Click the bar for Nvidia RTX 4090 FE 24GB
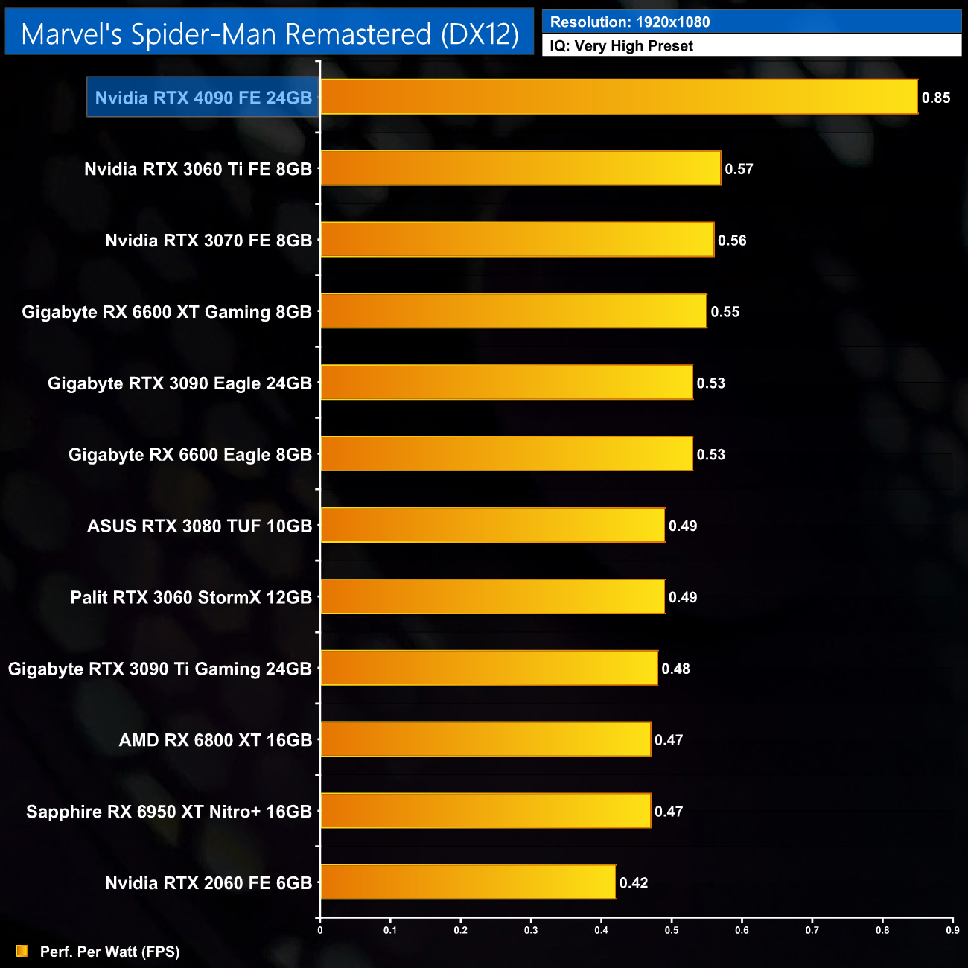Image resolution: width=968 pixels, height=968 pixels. coord(619,97)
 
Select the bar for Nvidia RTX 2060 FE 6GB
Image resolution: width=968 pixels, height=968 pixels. coord(468,882)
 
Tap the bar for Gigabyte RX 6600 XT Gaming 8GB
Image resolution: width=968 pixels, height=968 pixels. coord(514,311)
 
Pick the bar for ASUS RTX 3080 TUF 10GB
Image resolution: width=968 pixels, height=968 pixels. coord(492,526)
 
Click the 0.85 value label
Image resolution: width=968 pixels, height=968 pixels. coord(936,98)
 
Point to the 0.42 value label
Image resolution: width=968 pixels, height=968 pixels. coord(634,883)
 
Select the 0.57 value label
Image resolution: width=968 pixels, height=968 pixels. coord(739,169)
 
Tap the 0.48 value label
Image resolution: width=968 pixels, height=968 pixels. coord(676,669)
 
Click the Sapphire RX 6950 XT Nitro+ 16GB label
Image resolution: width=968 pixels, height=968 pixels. coord(169,812)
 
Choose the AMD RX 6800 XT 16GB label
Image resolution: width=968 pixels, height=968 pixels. coord(215,740)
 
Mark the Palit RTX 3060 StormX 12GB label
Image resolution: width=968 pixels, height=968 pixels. coord(191,597)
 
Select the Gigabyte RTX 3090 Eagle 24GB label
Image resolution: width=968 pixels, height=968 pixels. coord(179,383)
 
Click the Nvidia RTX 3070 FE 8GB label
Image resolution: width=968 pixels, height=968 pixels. coord(208,241)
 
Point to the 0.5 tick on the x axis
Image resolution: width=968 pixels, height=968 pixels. coord(672,930)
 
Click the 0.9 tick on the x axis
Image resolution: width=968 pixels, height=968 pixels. coord(952,930)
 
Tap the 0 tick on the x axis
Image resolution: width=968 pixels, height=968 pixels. coord(320,930)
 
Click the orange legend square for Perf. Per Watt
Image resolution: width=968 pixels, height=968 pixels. coord(22,951)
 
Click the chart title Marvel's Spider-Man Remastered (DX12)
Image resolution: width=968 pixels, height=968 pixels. coord(270,34)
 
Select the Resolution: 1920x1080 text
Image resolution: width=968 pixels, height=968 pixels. coord(630,22)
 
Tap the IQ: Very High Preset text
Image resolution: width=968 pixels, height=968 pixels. coord(622,46)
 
